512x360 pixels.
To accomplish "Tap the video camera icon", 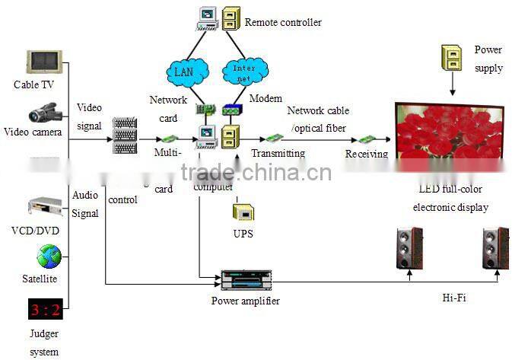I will (x=45, y=115).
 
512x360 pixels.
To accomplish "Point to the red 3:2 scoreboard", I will (x=44, y=311).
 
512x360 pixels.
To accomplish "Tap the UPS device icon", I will (x=243, y=212).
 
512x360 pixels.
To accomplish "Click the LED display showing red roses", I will (x=448, y=132).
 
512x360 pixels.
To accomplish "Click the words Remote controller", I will (x=282, y=22).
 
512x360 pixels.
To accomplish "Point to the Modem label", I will (x=266, y=99).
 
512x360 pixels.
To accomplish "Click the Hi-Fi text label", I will (x=453, y=298).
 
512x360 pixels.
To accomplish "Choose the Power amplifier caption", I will (x=245, y=301).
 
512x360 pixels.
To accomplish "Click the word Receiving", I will (x=366, y=155).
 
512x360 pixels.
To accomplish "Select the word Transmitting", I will (x=278, y=154).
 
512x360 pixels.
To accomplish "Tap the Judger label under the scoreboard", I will (x=44, y=334).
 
